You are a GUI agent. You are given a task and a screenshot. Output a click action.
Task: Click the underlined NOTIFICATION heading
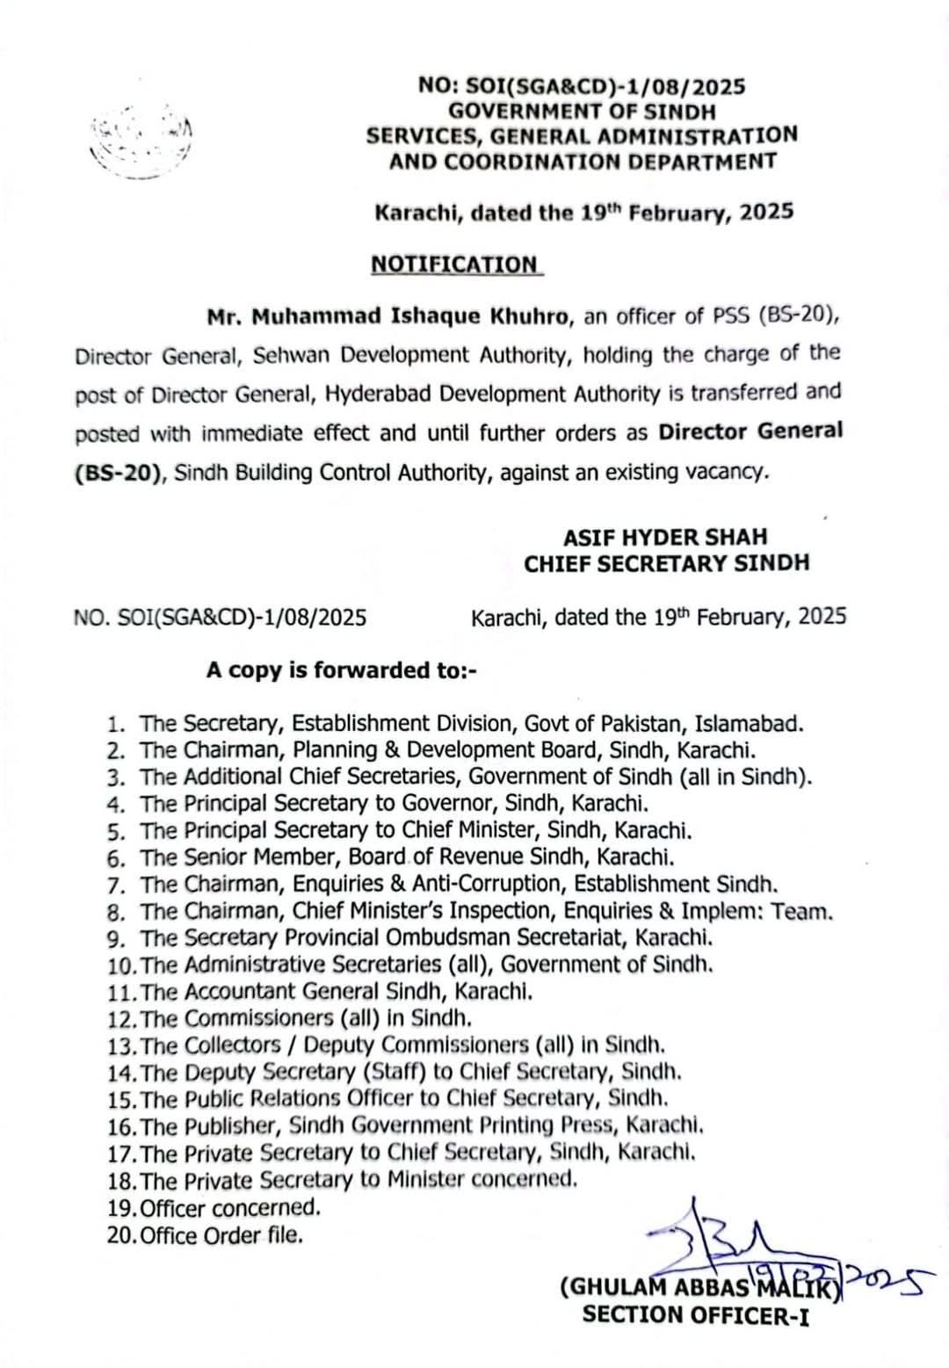click(456, 264)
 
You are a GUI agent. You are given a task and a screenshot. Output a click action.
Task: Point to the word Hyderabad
click(379, 394)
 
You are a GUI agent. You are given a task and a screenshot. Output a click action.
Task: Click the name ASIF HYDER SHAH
click(665, 536)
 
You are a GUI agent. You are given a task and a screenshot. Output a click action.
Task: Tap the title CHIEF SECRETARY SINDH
click(666, 563)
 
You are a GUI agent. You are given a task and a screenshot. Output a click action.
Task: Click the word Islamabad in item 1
click(748, 723)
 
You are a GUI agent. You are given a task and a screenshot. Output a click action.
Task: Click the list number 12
click(121, 1019)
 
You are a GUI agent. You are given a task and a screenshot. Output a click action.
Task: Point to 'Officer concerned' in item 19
click(230, 1207)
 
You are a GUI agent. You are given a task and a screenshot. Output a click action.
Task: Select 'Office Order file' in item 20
click(221, 1234)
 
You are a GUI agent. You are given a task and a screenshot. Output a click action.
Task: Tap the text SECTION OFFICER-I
click(695, 1315)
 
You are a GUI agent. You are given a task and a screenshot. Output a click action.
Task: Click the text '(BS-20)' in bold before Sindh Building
click(120, 472)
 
